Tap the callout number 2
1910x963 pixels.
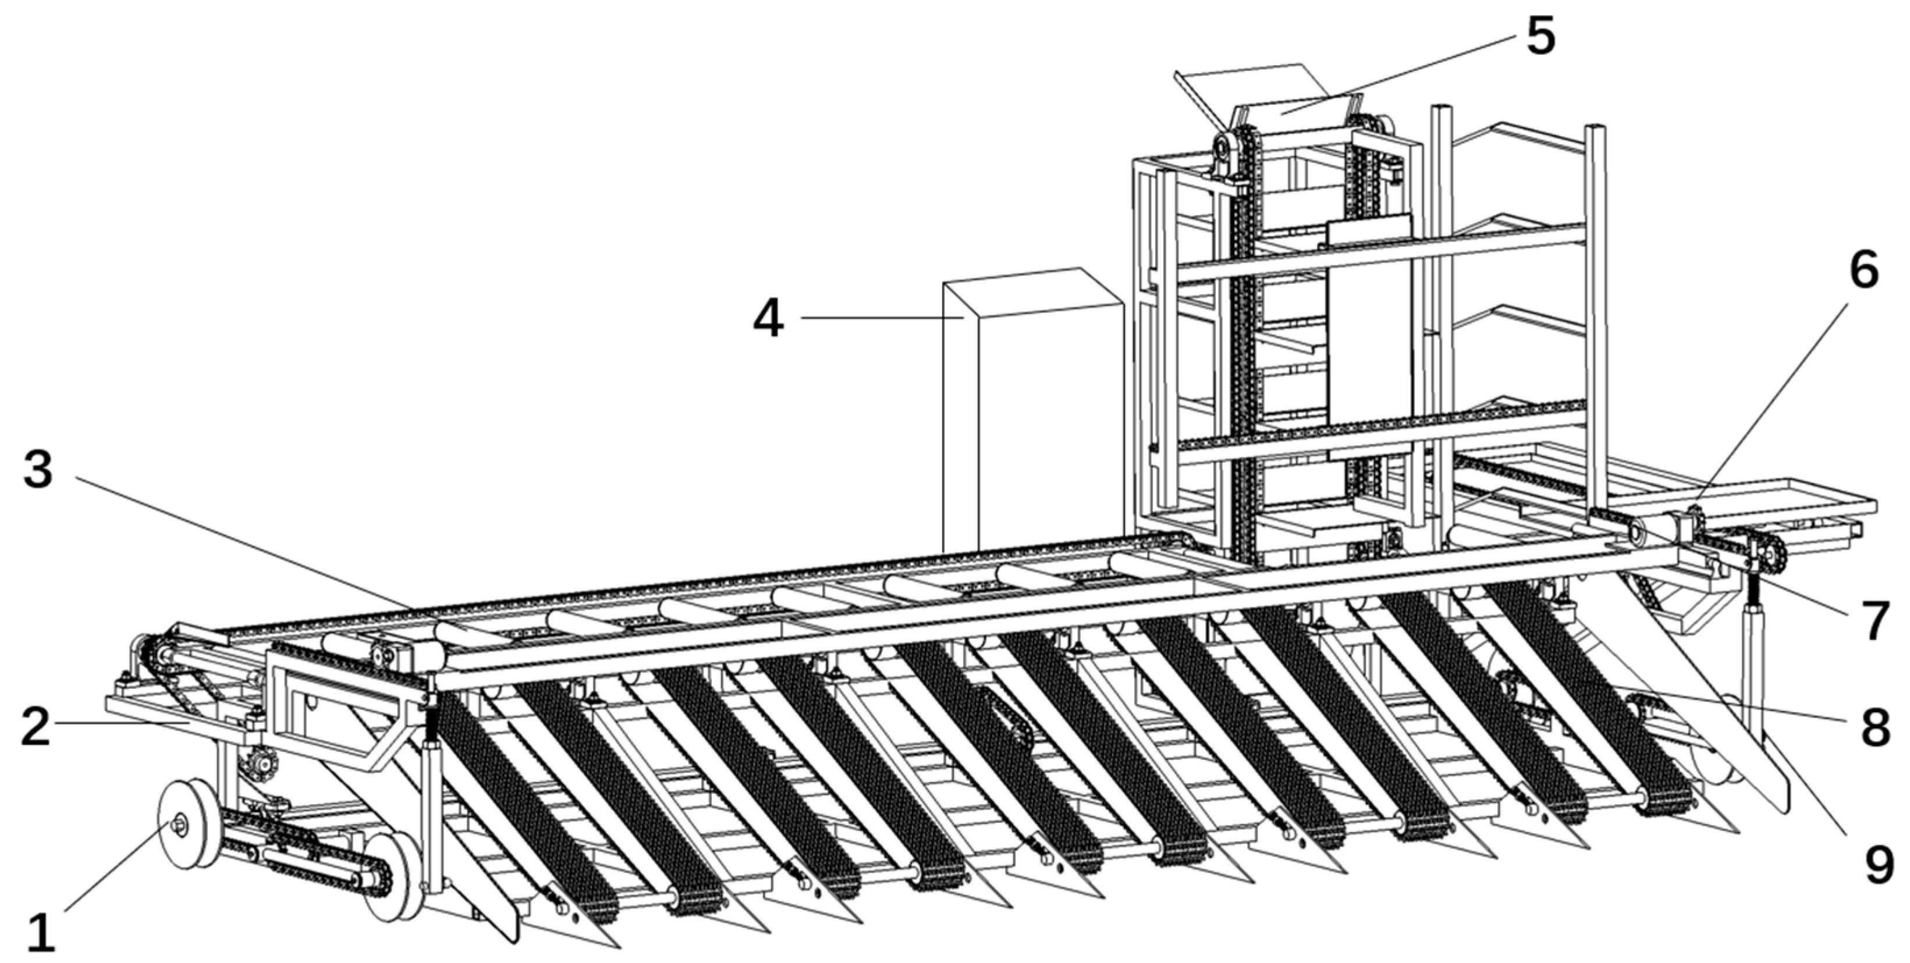click(35, 727)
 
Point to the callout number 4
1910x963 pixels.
click(768, 319)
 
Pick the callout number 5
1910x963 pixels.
click(1540, 36)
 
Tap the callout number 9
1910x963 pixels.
click(1879, 865)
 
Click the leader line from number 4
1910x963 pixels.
click(882, 318)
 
